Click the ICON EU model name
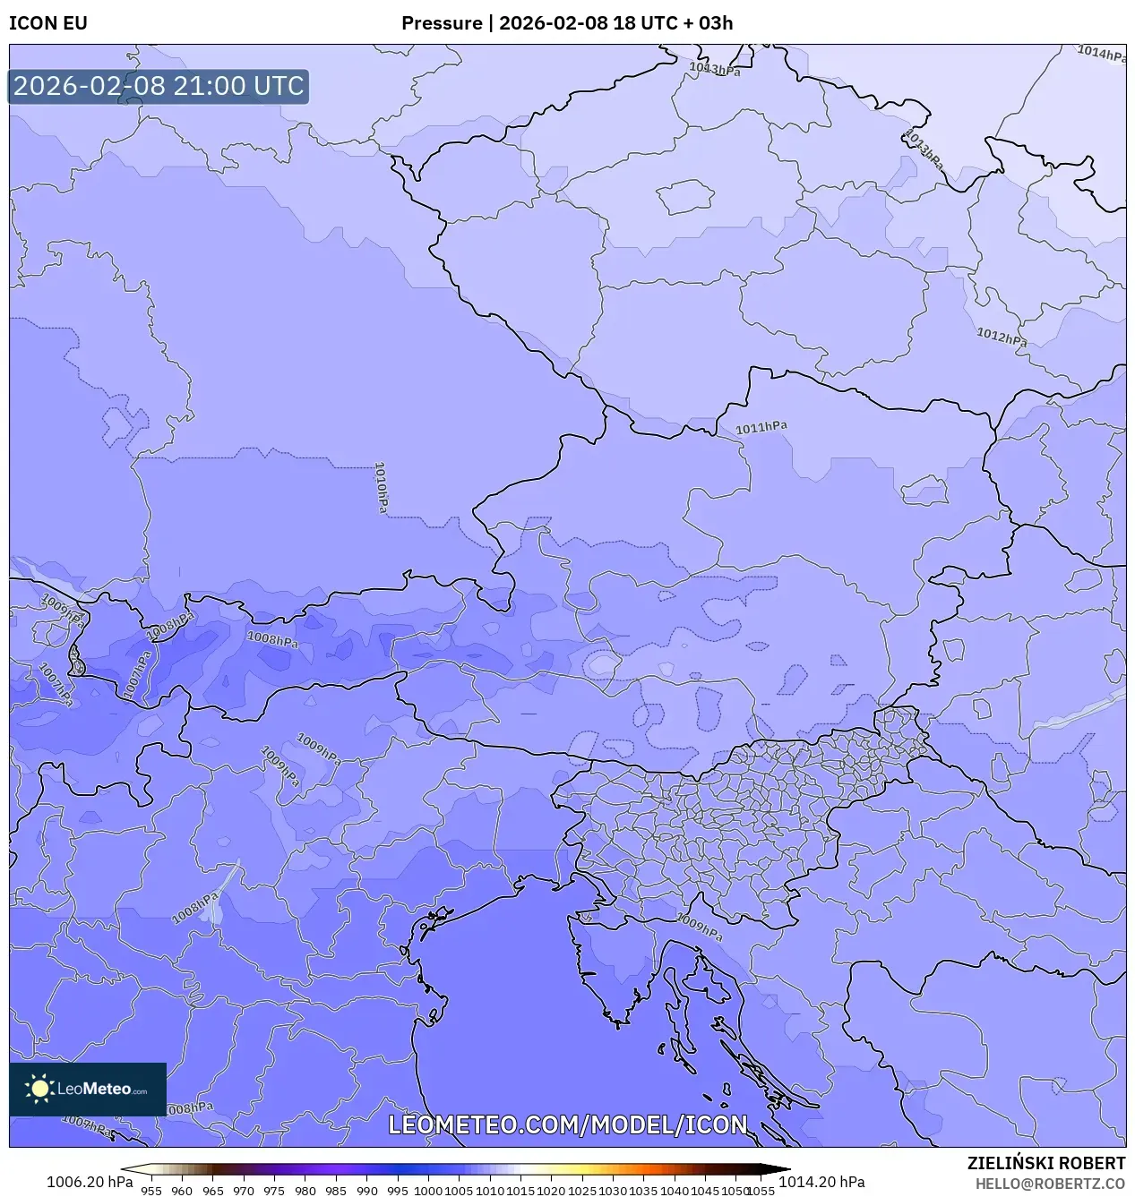[48, 23]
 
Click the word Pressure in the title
[441, 23]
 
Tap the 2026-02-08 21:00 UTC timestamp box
[159, 86]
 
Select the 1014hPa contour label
[1101, 54]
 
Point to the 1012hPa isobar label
[1001, 338]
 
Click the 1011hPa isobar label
[761, 428]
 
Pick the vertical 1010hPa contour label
[381, 487]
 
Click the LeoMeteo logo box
[88, 1089]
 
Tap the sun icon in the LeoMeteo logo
[39, 1089]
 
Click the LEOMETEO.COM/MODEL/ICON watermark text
[567, 1124]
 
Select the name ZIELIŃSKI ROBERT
[1045, 1163]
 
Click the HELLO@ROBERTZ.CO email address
[1050, 1184]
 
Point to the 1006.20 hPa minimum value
[90, 1182]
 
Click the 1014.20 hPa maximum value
[821, 1182]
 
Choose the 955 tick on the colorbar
[151, 1191]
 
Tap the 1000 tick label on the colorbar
[427, 1191]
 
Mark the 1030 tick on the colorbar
[612, 1191]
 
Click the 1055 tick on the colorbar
[761, 1191]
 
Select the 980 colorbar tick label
[305, 1191]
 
